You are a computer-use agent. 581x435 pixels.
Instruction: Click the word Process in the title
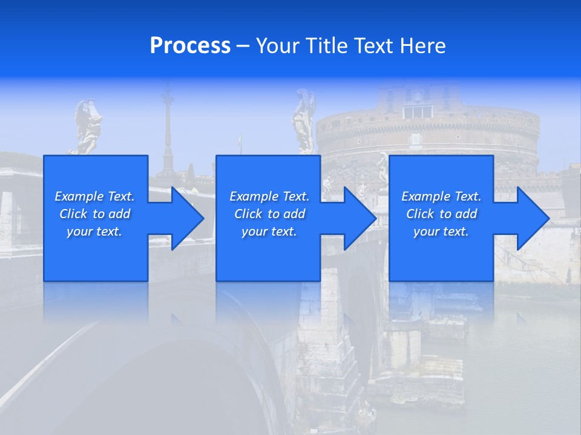click(x=190, y=46)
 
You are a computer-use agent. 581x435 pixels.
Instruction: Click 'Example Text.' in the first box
click(x=94, y=196)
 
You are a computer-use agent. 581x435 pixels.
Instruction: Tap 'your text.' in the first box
click(x=94, y=231)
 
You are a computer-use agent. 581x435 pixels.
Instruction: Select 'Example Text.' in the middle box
click(x=269, y=196)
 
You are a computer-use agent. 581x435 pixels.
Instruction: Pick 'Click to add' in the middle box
click(x=269, y=214)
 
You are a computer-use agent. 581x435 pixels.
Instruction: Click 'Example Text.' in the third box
click(x=441, y=196)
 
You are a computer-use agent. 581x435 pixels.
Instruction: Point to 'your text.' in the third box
click(x=441, y=231)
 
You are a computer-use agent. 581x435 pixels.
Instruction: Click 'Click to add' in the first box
click(x=94, y=214)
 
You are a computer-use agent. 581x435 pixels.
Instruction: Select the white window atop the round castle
click(x=418, y=112)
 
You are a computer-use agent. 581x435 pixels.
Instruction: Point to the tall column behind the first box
click(x=168, y=130)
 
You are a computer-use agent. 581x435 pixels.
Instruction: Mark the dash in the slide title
click(x=243, y=46)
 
